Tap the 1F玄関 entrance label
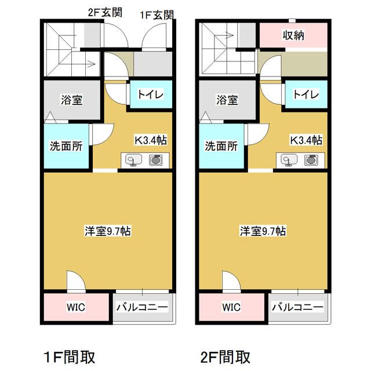(x=157, y=15)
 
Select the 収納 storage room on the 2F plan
(x=294, y=35)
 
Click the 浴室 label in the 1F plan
(x=71, y=100)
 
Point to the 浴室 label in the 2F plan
(x=227, y=100)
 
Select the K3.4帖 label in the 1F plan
(x=151, y=140)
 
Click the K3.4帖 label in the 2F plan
(x=306, y=140)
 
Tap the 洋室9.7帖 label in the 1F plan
(x=107, y=231)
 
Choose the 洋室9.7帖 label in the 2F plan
(x=263, y=231)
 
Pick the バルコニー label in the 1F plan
(x=142, y=307)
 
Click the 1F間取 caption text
(x=70, y=356)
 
